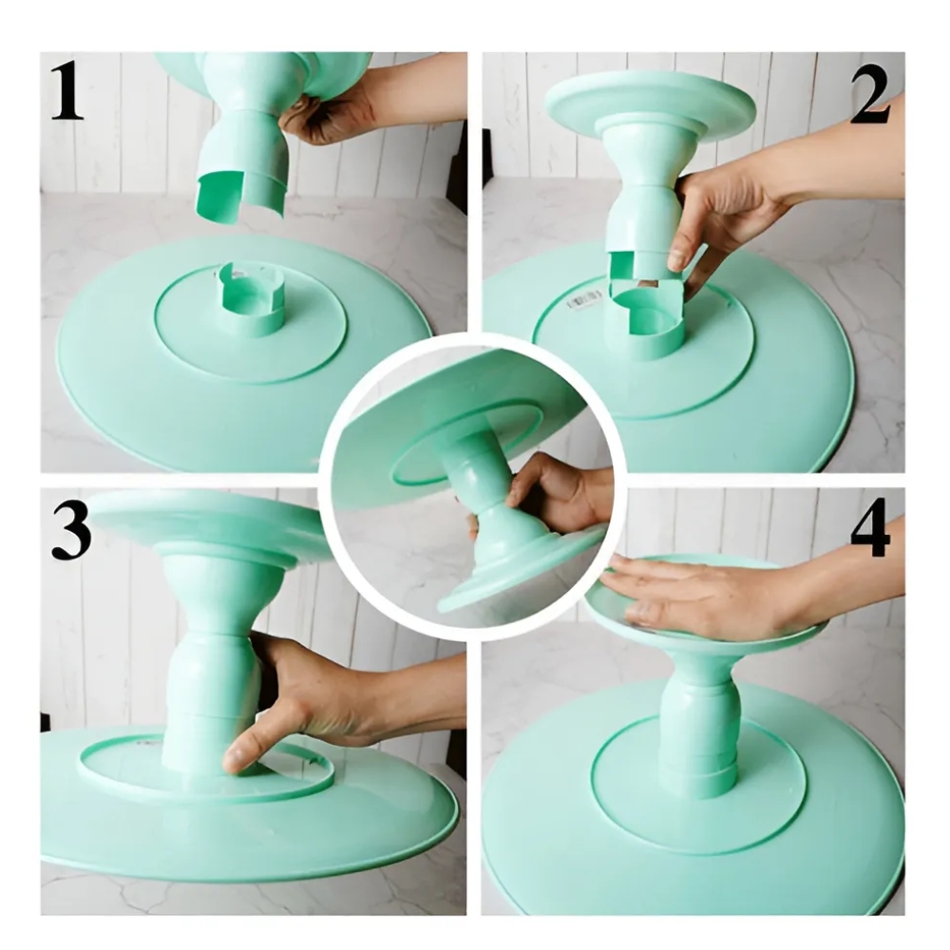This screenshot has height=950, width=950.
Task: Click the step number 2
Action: (870, 96)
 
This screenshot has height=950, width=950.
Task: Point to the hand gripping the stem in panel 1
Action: (331, 115)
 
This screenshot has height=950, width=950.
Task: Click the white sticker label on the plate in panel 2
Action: (584, 300)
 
